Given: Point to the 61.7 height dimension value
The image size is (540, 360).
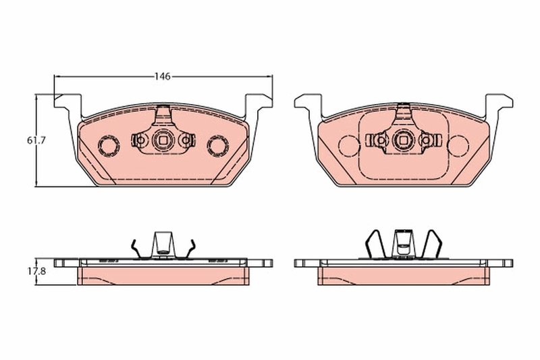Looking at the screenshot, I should tap(35, 140).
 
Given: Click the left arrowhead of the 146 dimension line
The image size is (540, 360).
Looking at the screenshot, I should tap(57, 76).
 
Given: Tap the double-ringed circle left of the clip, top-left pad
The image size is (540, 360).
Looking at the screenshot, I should tap(108, 145).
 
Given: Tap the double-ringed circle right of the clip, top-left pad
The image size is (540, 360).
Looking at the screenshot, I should tap(218, 145).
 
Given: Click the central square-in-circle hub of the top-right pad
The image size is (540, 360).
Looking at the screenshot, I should tap(403, 140).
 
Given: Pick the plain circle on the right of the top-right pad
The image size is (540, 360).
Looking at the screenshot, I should tap(458, 145).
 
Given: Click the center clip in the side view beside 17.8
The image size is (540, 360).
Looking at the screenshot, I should tap(163, 244).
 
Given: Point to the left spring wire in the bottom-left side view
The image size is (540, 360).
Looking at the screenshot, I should tap(136, 248).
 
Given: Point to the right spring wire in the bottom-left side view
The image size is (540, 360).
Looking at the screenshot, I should tap(190, 248).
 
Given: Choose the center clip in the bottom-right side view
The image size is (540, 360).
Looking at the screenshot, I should tap(403, 241).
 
